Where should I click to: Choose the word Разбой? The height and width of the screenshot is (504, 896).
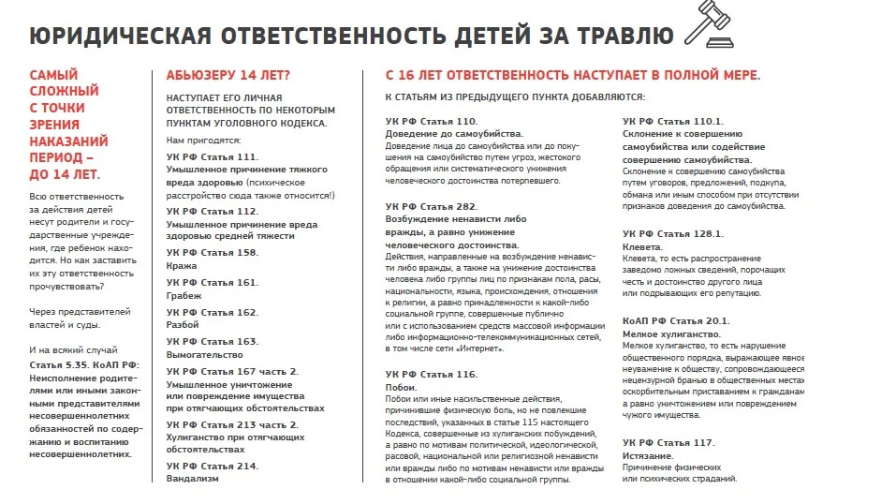[184, 325]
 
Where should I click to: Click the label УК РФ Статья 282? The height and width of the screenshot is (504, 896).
[432, 205]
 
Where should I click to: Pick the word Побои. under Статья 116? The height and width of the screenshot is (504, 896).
[401, 387]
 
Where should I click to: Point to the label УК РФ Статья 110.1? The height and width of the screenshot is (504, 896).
[673, 121]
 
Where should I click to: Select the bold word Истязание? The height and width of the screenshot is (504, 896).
[648, 455]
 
